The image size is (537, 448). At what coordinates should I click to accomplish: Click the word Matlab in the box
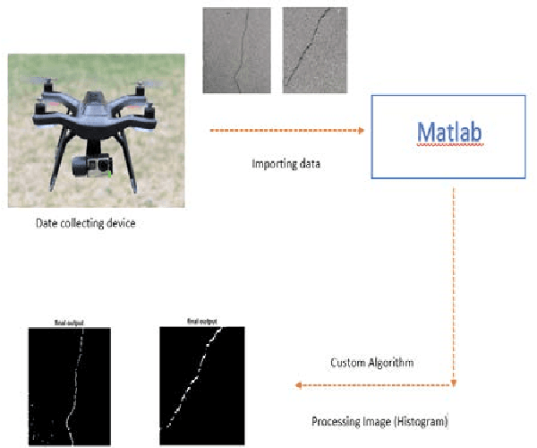pos(450,133)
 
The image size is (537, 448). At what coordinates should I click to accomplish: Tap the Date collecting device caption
pos(86,223)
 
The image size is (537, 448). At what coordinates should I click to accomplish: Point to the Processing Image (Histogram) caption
pos(379,420)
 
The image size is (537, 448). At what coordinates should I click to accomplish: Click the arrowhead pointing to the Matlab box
pos(360,131)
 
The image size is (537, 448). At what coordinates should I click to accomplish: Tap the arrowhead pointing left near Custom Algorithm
pos(298,385)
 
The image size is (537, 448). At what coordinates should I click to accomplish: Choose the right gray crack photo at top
pos(316,50)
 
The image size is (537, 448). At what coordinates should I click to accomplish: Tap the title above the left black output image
pos(68,322)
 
